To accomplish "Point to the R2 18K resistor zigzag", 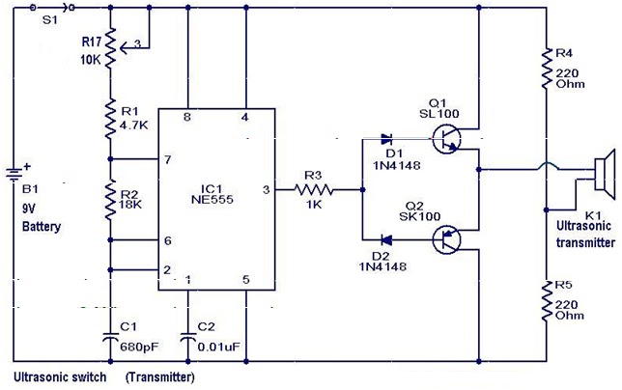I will tap(111, 197).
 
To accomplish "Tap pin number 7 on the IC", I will tap(169, 158).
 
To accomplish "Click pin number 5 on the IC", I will tap(245, 281).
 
